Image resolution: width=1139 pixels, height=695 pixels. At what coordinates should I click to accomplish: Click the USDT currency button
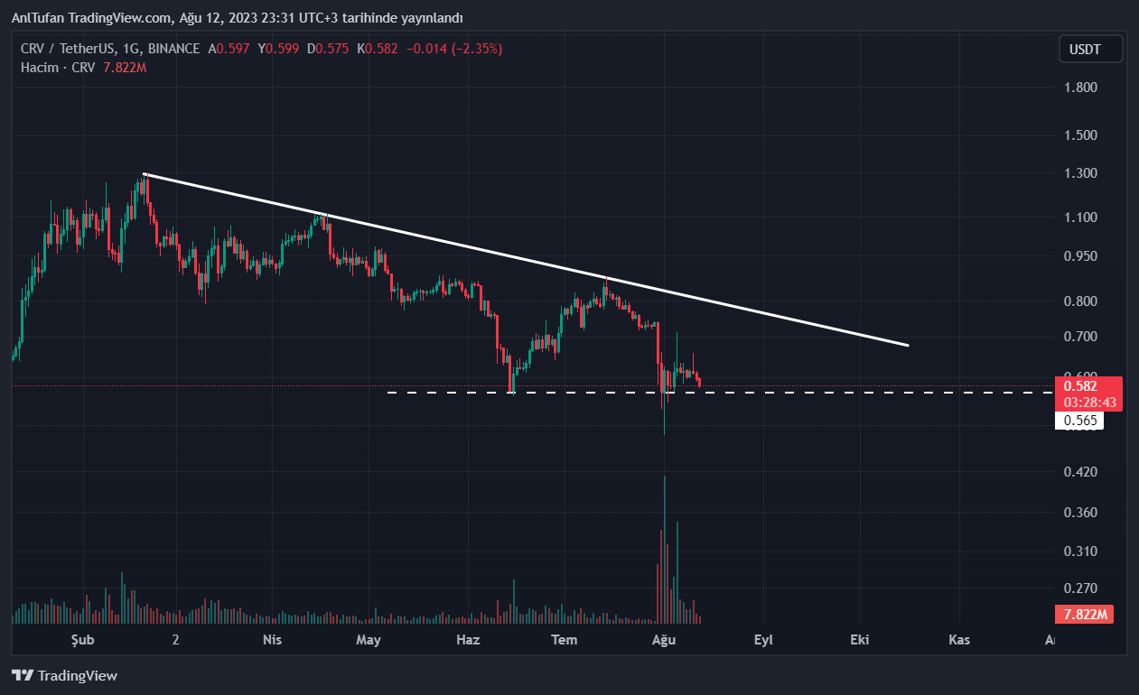(1091, 49)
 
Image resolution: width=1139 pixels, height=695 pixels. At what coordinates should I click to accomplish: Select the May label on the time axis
(369, 640)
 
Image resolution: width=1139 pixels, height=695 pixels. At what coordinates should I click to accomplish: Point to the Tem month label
(565, 640)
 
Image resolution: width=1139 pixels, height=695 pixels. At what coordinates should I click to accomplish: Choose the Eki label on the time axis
(859, 640)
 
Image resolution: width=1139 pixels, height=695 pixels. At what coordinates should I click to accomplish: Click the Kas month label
(959, 640)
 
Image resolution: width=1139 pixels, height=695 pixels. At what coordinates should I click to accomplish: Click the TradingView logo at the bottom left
(64, 675)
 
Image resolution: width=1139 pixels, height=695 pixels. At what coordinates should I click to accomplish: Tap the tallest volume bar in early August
(665, 542)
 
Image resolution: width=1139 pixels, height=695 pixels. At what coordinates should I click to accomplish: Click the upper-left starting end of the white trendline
(145, 173)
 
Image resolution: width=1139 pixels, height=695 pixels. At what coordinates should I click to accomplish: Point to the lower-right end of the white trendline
(907, 346)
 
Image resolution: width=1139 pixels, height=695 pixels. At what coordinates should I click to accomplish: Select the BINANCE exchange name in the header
(173, 49)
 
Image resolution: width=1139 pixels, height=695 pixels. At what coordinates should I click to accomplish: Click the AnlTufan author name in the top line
(38, 18)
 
